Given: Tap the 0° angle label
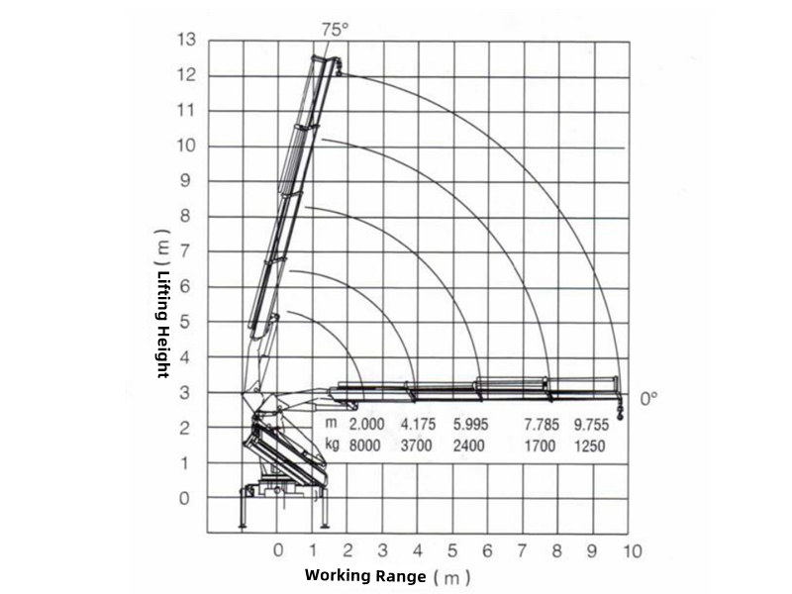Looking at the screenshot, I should pos(649,398).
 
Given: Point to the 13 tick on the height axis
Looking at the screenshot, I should pos(186,41).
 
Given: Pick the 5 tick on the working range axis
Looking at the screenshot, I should pos(452,550).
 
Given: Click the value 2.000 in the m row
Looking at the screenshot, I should pos(367,425).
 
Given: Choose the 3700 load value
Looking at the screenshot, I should pos(417,445).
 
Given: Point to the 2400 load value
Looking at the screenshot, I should pos(468,445).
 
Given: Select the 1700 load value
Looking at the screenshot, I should pos(541,445).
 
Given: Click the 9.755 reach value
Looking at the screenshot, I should pos(591,425).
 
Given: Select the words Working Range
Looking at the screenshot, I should pos(365,575).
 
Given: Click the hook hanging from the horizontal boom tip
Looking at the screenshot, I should pos(620,409).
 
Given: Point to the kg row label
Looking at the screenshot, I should pos(333,445).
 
